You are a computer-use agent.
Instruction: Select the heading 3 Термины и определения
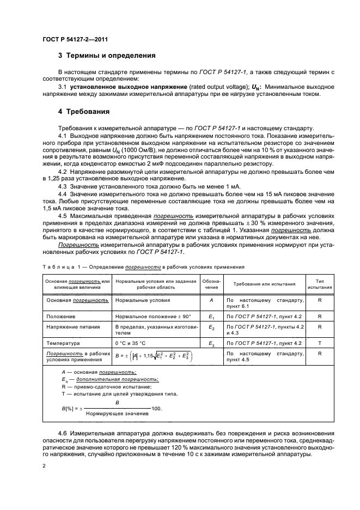107,56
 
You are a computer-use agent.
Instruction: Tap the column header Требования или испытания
264,284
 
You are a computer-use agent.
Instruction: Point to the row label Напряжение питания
72,327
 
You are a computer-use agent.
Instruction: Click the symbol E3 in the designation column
211,344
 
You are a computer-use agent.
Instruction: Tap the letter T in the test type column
320,344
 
